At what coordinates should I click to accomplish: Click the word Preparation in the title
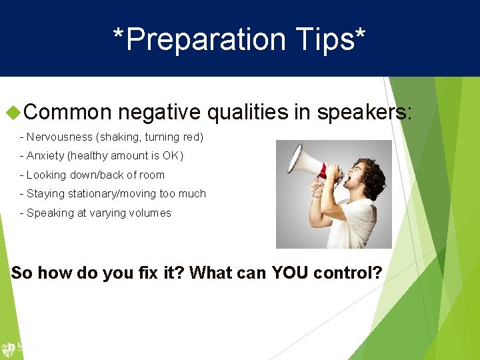[207, 39]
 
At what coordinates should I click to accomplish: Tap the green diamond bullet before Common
[11, 111]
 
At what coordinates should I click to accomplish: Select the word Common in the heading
[69, 112]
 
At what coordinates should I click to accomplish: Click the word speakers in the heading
[362, 112]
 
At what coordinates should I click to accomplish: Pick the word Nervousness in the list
[60, 137]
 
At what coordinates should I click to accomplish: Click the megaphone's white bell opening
[294, 162]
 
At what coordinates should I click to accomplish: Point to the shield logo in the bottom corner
[8, 349]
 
